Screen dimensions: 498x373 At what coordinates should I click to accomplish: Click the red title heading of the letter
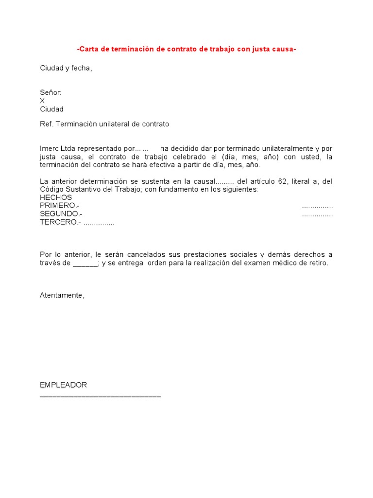[x=186, y=49]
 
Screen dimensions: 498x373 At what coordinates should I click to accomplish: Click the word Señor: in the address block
[x=51, y=92]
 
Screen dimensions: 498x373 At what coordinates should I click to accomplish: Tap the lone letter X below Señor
[x=42, y=101]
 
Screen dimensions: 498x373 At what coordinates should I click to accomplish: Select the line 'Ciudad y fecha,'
[x=66, y=68]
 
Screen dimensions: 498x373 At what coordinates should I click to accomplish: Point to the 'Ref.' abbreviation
[x=47, y=124]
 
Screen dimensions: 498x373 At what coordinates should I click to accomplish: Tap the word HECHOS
[x=56, y=197]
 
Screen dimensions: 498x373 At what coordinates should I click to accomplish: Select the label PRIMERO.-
[x=60, y=206]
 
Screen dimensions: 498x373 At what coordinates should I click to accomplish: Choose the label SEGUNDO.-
[x=61, y=214]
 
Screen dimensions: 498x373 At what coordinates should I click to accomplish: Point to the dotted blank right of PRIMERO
[x=317, y=206]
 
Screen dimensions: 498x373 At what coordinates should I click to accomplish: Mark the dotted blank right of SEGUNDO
[x=317, y=214]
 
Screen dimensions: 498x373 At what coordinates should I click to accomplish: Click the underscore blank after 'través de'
[x=85, y=264]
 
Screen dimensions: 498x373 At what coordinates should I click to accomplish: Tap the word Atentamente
[x=62, y=296]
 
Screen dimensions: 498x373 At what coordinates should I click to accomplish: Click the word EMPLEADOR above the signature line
[x=63, y=385]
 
